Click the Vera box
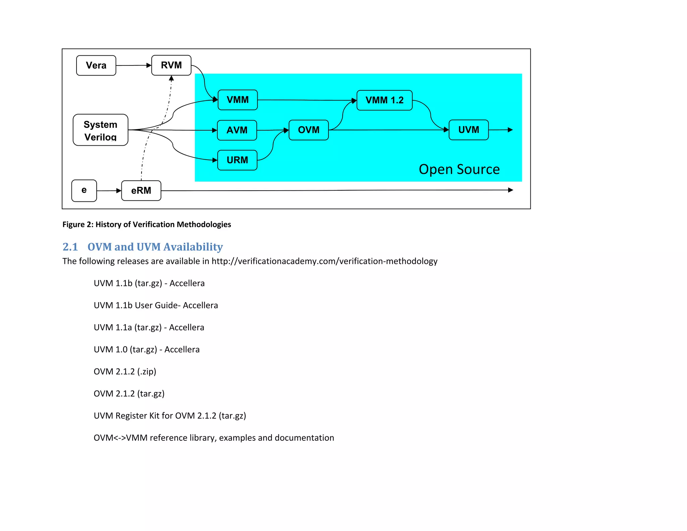click(x=96, y=65)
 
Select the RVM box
click(x=171, y=65)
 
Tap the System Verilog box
click(x=100, y=130)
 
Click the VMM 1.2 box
click(x=384, y=100)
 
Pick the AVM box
click(x=237, y=130)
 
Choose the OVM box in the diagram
click(x=308, y=130)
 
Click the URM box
click(x=237, y=160)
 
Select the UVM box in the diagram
click(x=468, y=130)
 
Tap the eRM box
click(x=141, y=191)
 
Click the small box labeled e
click(x=84, y=190)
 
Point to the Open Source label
click(x=459, y=169)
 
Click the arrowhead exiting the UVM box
click(x=510, y=130)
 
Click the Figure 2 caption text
click(x=147, y=224)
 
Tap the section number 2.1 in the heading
click(x=70, y=247)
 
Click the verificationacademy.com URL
click(x=324, y=261)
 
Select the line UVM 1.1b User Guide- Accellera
click(x=156, y=305)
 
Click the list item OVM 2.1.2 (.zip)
click(x=125, y=372)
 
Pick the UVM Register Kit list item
click(x=170, y=416)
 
